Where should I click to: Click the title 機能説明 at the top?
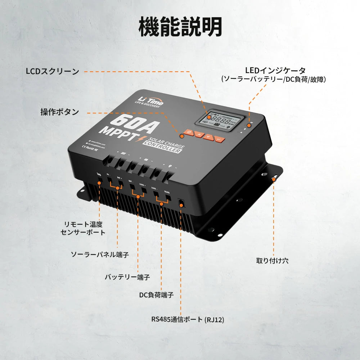(180, 27)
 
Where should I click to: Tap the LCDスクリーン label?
(53, 71)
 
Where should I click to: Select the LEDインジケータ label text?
(275, 71)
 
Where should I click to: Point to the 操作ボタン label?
(60, 112)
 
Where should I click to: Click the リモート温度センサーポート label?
(83, 228)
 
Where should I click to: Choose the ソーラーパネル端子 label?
(100, 255)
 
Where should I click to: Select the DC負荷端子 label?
(156, 295)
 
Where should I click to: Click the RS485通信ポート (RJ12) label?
(188, 320)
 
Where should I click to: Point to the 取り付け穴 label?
(272, 261)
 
